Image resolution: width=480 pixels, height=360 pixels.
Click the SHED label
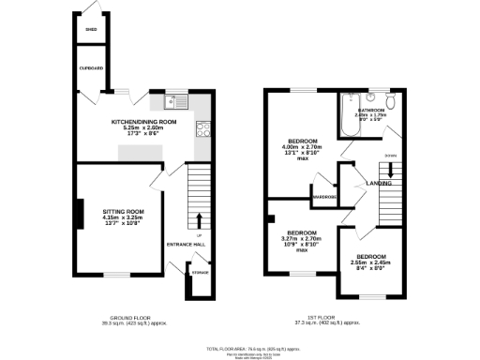91,30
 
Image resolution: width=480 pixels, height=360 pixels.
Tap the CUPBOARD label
91,67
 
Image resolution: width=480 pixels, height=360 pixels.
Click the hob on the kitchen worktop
202,129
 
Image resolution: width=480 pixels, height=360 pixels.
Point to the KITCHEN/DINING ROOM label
143,122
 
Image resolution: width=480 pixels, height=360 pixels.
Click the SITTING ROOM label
123,212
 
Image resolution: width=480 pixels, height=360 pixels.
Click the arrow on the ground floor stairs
199,220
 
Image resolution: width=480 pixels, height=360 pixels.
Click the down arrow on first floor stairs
391,168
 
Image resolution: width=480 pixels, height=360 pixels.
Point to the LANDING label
379,184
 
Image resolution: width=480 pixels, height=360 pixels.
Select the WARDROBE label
325,197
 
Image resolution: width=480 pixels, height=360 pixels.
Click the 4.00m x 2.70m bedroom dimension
302,147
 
